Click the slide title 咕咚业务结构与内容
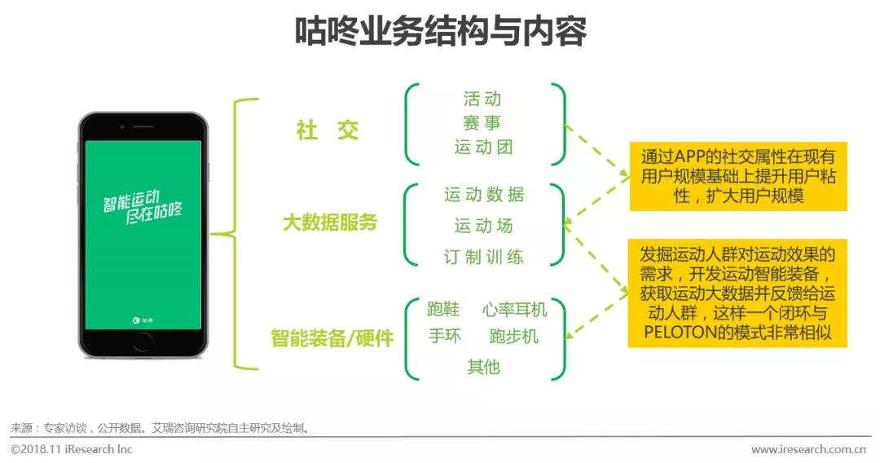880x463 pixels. tap(440, 33)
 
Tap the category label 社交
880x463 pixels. tap(328, 130)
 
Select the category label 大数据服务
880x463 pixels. tap(330, 223)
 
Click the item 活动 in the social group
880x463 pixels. tap(482, 99)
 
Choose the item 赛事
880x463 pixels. tap(482, 124)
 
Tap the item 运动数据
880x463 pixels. tap(484, 195)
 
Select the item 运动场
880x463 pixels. tap(484, 226)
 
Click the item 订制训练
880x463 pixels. tap(484, 257)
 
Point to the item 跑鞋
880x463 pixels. tap(444, 310)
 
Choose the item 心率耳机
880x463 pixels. tap(515, 310)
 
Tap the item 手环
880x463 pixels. tap(445, 335)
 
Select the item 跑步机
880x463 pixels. tap(514, 336)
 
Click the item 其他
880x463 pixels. tap(484, 367)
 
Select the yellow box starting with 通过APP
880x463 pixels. tap(737, 175)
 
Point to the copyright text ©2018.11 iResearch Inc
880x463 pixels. tap(72, 449)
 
